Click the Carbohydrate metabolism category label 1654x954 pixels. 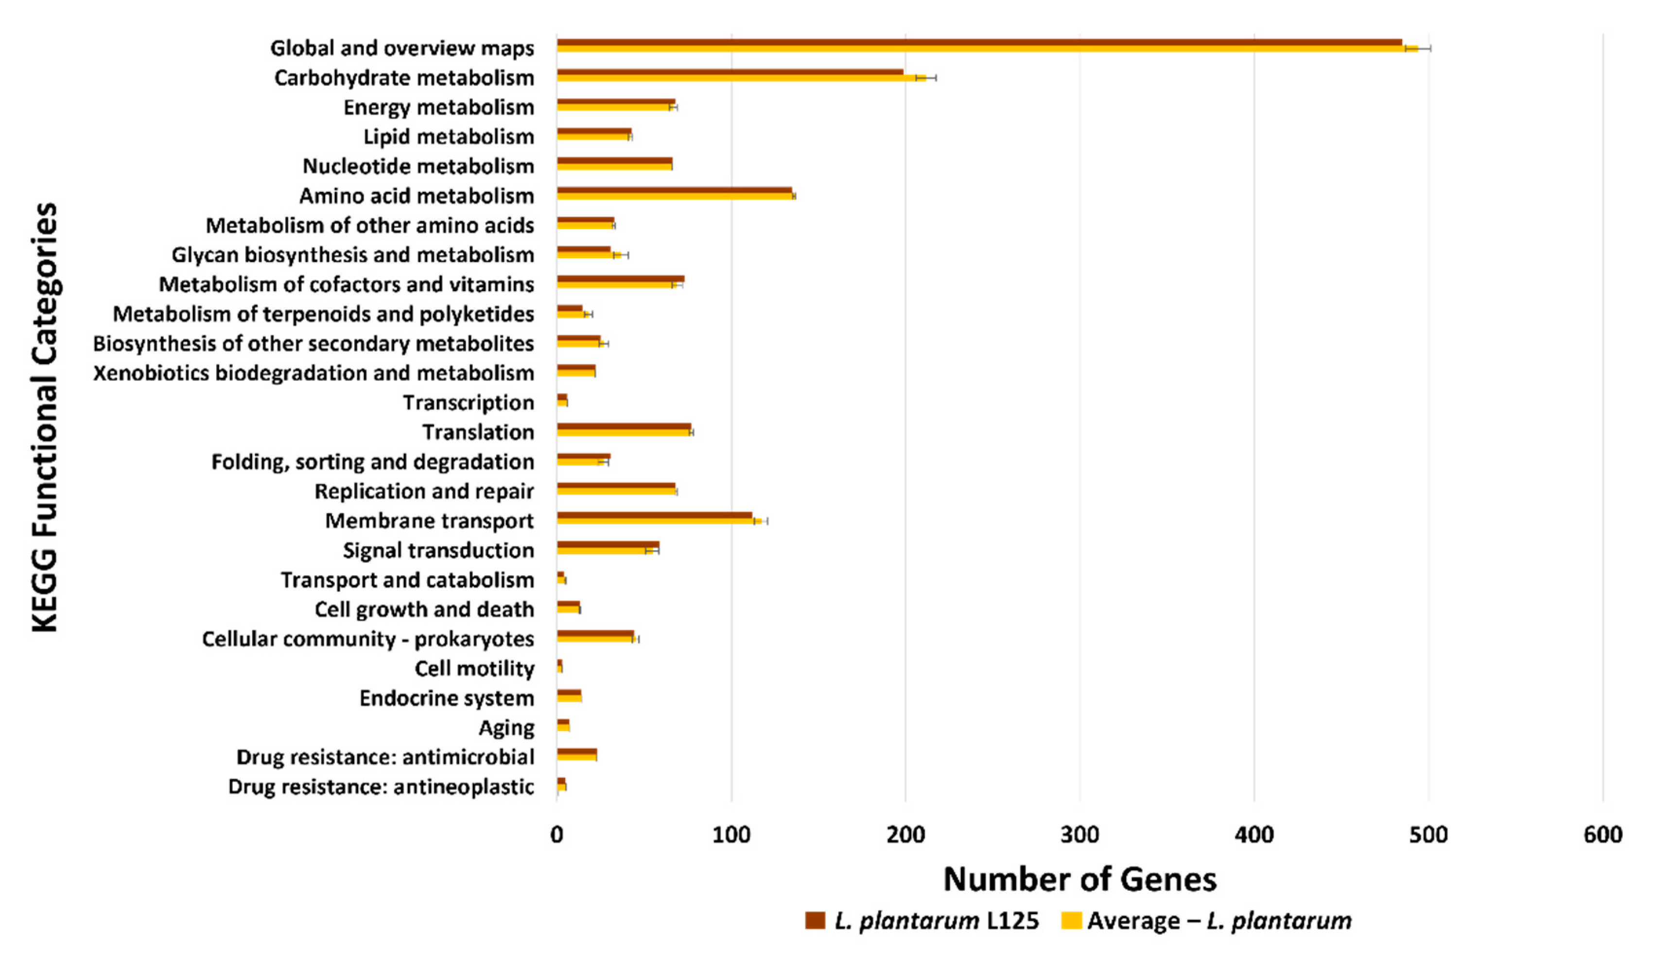(x=404, y=78)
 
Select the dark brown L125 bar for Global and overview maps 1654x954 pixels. (x=976, y=43)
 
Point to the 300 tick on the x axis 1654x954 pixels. (x=1079, y=835)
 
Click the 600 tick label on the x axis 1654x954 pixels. (x=1603, y=835)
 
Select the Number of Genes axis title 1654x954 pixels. (x=1079, y=879)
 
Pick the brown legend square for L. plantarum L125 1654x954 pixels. (x=815, y=920)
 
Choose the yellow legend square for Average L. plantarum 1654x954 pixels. (x=1070, y=920)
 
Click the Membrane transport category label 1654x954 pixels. (x=429, y=521)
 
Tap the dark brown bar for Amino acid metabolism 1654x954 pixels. (x=674, y=191)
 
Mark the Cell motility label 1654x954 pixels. (x=474, y=668)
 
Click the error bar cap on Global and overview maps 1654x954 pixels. (x=1430, y=48)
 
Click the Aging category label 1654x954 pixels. (x=506, y=728)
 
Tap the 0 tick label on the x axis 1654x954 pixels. (x=557, y=835)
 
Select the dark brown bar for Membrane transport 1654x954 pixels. (x=654, y=516)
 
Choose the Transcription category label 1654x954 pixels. (x=468, y=402)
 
